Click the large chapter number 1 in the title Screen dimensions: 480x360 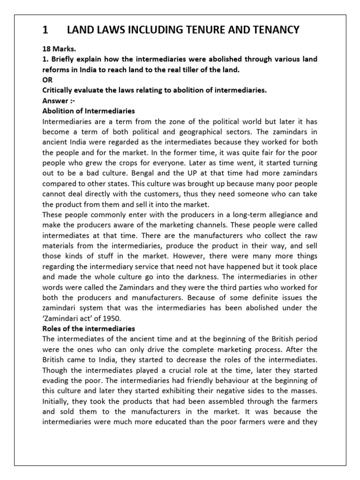coord(45,30)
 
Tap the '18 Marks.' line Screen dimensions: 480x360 coord(59,49)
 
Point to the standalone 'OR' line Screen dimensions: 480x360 coord(47,80)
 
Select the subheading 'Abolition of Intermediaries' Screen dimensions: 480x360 coord(89,111)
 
